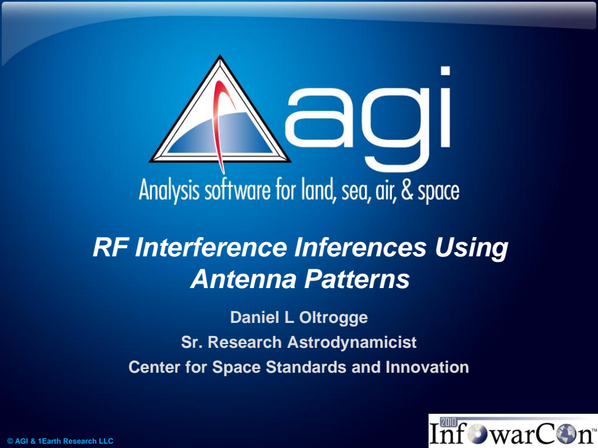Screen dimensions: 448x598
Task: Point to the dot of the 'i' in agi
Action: pos(445,71)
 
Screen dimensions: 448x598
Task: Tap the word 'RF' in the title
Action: pos(110,248)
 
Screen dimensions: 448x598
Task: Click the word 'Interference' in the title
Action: pos(209,248)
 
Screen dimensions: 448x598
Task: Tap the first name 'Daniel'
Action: pos(253,317)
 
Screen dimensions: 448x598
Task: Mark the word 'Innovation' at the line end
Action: pos(427,367)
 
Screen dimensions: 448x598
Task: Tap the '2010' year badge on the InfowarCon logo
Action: pos(449,421)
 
